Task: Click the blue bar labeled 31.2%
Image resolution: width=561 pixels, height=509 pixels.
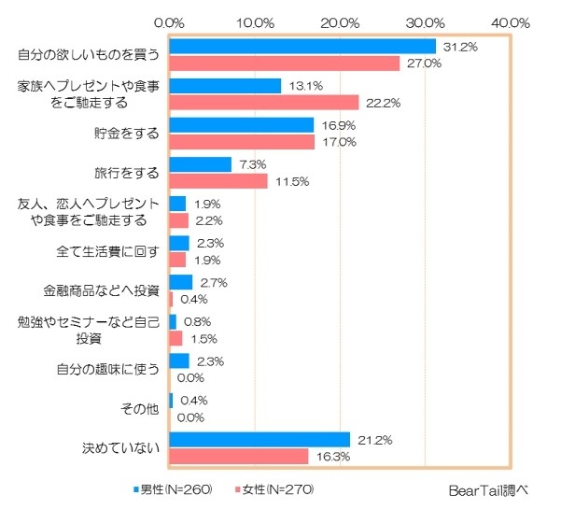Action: [302, 47]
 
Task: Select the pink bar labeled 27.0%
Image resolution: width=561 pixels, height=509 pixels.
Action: [285, 63]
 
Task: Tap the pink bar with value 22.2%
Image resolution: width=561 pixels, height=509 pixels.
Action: [264, 102]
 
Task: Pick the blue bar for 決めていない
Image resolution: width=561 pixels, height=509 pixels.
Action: [259, 439]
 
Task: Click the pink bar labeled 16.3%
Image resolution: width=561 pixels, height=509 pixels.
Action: [239, 456]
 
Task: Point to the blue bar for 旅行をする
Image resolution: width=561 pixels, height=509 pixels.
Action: [200, 164]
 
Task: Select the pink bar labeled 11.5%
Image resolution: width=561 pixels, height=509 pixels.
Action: [217, 180]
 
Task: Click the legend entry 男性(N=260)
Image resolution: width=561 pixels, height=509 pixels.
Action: [175, 488]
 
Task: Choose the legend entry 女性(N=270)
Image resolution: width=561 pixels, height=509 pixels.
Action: [278, 488]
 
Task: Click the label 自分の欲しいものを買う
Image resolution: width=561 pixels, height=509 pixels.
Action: [90, 55]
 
